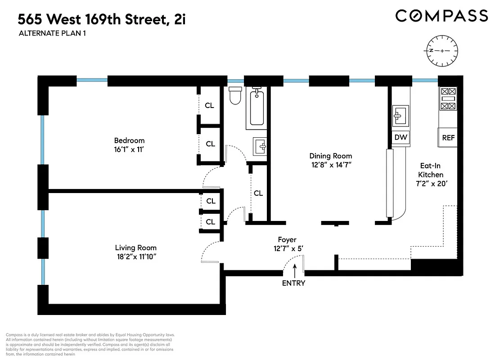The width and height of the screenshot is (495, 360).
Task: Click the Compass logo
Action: (441, 16)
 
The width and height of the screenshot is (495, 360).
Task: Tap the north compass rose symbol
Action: (442, 50)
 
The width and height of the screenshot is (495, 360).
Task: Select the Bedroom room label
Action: (129, 140)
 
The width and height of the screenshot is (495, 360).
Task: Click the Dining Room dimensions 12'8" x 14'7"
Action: (330, 165)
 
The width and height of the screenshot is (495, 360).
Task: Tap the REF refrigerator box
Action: (448, 138)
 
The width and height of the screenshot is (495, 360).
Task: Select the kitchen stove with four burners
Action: (448, 99)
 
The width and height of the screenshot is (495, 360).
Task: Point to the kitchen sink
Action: (400, 116)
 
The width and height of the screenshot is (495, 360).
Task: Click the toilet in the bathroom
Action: (235, 95)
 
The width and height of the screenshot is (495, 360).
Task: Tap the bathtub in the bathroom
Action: (257, 107)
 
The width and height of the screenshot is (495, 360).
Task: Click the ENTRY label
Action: (293, 283)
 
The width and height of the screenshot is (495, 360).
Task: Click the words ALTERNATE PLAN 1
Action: (52, 33)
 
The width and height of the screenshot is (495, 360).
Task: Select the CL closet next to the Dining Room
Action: (258, 193)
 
